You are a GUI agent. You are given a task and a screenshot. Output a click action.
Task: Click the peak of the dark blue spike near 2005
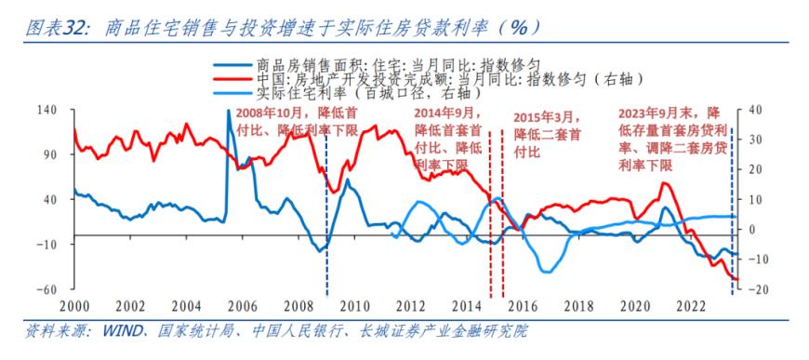[x=228, y=112]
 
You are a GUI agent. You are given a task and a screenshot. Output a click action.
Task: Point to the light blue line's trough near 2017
[x=548, y=271]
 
